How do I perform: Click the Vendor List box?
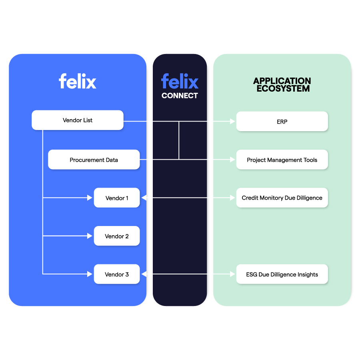(78, 120)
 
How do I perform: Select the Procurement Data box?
(94, 160)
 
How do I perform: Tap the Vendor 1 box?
(117, 198)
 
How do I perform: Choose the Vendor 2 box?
(117, 236)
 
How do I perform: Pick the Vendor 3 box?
(117, 274)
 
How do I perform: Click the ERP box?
(282, 122)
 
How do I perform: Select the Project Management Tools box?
(282, 160)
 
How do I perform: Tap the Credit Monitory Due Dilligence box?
(282, 198)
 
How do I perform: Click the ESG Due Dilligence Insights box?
(282, 274)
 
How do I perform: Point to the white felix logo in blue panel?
(78, 81)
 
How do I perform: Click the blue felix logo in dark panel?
(180, 81)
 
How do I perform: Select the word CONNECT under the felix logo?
(180, 96)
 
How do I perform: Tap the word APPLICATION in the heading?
(282, 81)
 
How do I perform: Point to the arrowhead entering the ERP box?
(232, 121)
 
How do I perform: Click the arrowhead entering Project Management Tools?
(232, 160)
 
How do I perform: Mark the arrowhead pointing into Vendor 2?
(90, 236)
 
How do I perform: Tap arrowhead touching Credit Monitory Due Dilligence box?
(232, 198)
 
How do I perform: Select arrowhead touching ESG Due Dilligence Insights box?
(232, 274)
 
